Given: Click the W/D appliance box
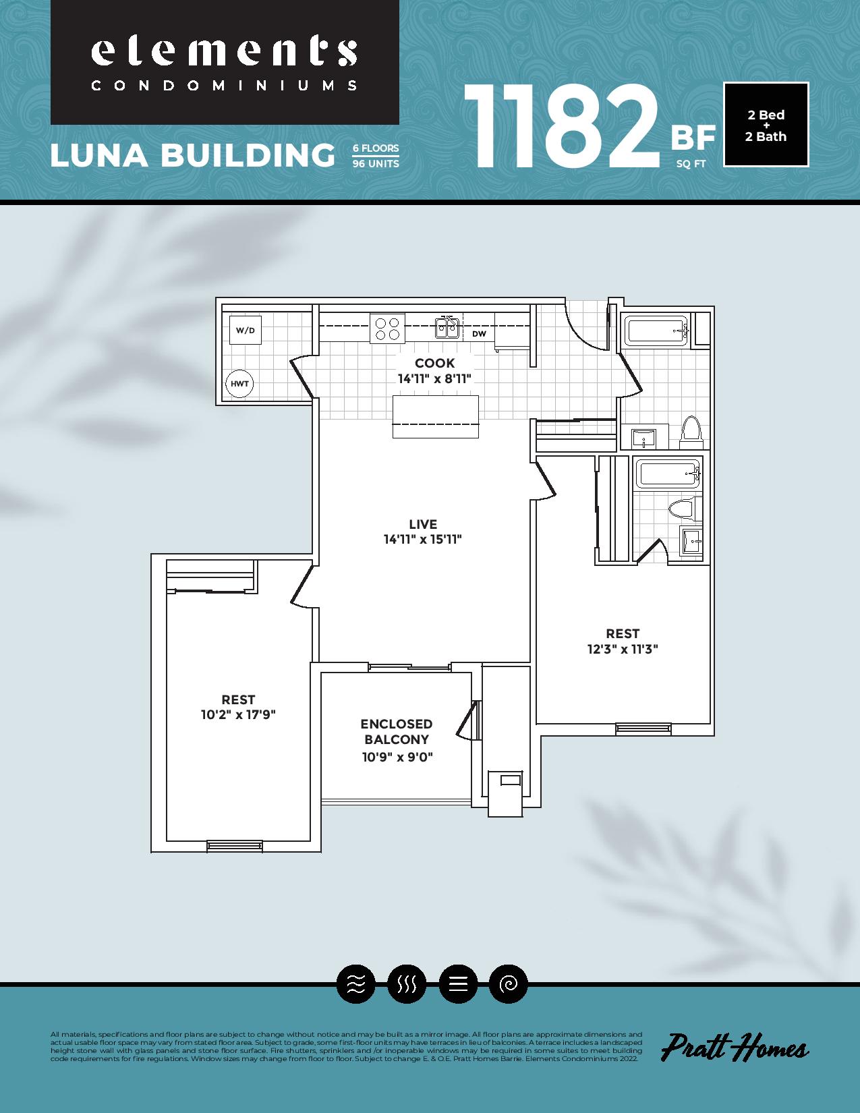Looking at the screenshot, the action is pyautogui.click(x=246, y=331).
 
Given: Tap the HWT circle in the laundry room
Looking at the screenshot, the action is pyautogui.click(x=239, y=384).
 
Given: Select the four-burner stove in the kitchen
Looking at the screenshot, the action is pyautogui.click(x=387, y=329).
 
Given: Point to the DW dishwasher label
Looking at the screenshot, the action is pyautogui.click(x=479, y=334).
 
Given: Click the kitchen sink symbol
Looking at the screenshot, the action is pyautogui.click(x=447, y=327).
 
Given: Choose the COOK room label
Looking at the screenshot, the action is pyautogui.click(x=434, y=363).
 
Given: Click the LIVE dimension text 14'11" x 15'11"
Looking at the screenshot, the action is pyautogui.click(x=422, y=540).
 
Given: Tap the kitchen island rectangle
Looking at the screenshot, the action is pyautogui.click(x=435, y=416).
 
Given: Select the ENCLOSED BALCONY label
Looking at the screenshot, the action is pyautogui.click(x=397, y=731).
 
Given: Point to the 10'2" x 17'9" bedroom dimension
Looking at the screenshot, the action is pyautogui.click(x=238, y=714).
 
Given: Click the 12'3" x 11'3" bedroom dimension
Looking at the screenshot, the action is pyautogui.click(x=623, y=649).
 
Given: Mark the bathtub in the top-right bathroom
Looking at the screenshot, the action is pyautogui.click(x=656, y=331).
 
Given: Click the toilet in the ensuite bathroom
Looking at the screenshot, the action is pyautogui.click(x=682, y=509).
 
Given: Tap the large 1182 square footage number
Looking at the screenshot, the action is pyautogui.click(x=561, y=127).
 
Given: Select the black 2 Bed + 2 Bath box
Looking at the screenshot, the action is pyautogui.click(x=766, y=125).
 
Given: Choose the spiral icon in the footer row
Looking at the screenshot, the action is pyautogui.click(x=508, y=984).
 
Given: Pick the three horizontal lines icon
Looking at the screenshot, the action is pyautogui.click(x=458, y=984).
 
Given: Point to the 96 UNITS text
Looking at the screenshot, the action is pyautogui.click(x=376, y=164).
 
